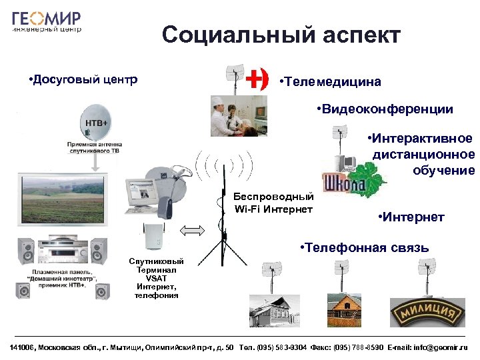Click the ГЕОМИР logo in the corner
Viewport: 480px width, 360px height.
(x=47, y=21)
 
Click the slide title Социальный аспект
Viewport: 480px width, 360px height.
(x=281, y=35)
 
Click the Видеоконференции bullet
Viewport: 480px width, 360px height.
(x=385, y=109)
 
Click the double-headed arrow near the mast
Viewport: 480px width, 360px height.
(x=191, y=231)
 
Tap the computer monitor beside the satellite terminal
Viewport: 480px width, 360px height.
(x=145, y=194)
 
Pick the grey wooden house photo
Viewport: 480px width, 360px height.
(x=272, y=311)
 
